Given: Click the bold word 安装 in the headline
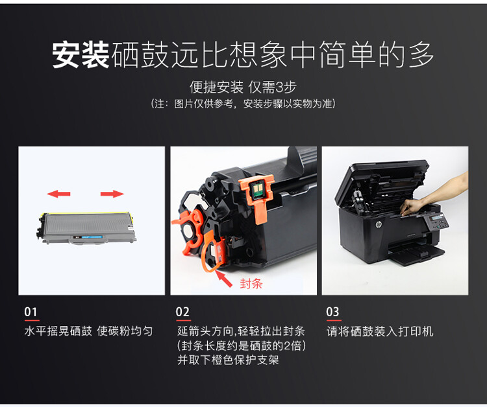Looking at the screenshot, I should click(x=81, y=56).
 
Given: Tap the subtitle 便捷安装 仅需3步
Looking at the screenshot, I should click(x=243, y=87).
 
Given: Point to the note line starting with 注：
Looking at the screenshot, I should click(x=243, y=104).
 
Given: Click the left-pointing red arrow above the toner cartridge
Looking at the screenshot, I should click(x=59, y=193).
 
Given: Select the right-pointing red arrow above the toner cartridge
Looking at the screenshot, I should click(x=112, y=193).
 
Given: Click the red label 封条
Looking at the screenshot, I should click(x=251, y=283).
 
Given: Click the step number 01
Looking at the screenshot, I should click(x=31, y=312).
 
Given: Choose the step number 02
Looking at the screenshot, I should click(x=183, y=312).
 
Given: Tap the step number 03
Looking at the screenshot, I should click(x=332, y=312).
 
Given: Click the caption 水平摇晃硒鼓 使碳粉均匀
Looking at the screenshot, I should click(x=88, y=331).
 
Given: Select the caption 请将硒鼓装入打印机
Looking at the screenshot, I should click(x=380, y=331).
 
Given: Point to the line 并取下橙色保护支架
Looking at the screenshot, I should click(x=228, y=360).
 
